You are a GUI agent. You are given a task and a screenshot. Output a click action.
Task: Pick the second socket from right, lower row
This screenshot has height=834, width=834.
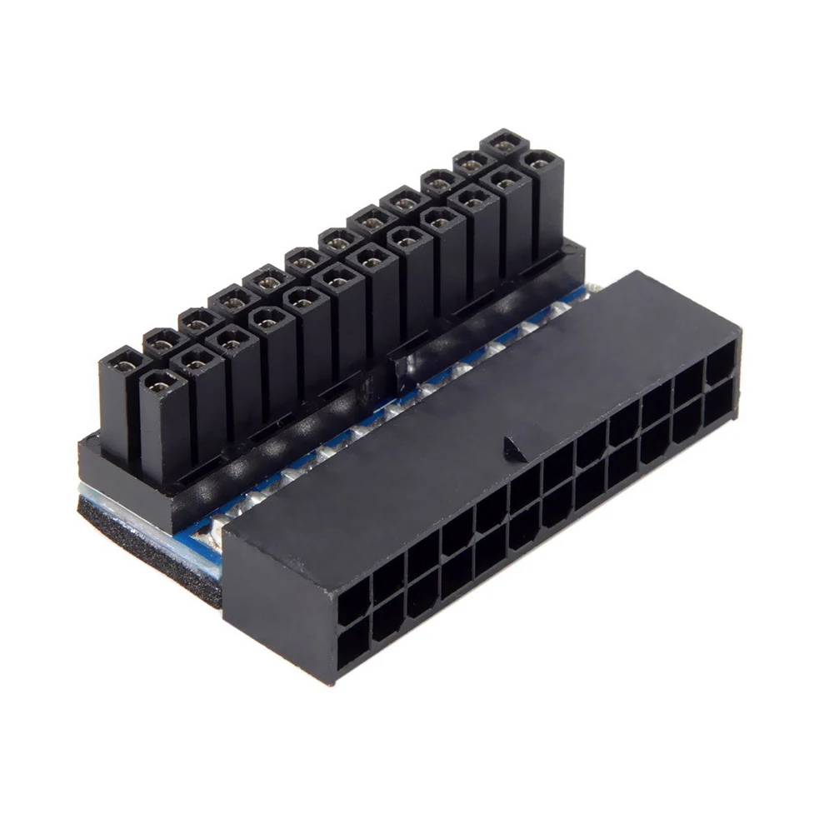pos(687,420)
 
